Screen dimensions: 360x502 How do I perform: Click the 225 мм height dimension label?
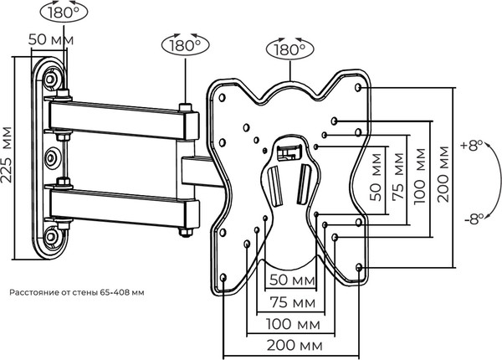[8, 158]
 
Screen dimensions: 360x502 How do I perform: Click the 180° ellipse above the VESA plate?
[289, 49]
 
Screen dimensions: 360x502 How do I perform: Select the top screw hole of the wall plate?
[52, 78]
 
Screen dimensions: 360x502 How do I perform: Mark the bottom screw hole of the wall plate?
[52, 236]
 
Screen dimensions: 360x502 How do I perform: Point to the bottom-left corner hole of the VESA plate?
[224, 277]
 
